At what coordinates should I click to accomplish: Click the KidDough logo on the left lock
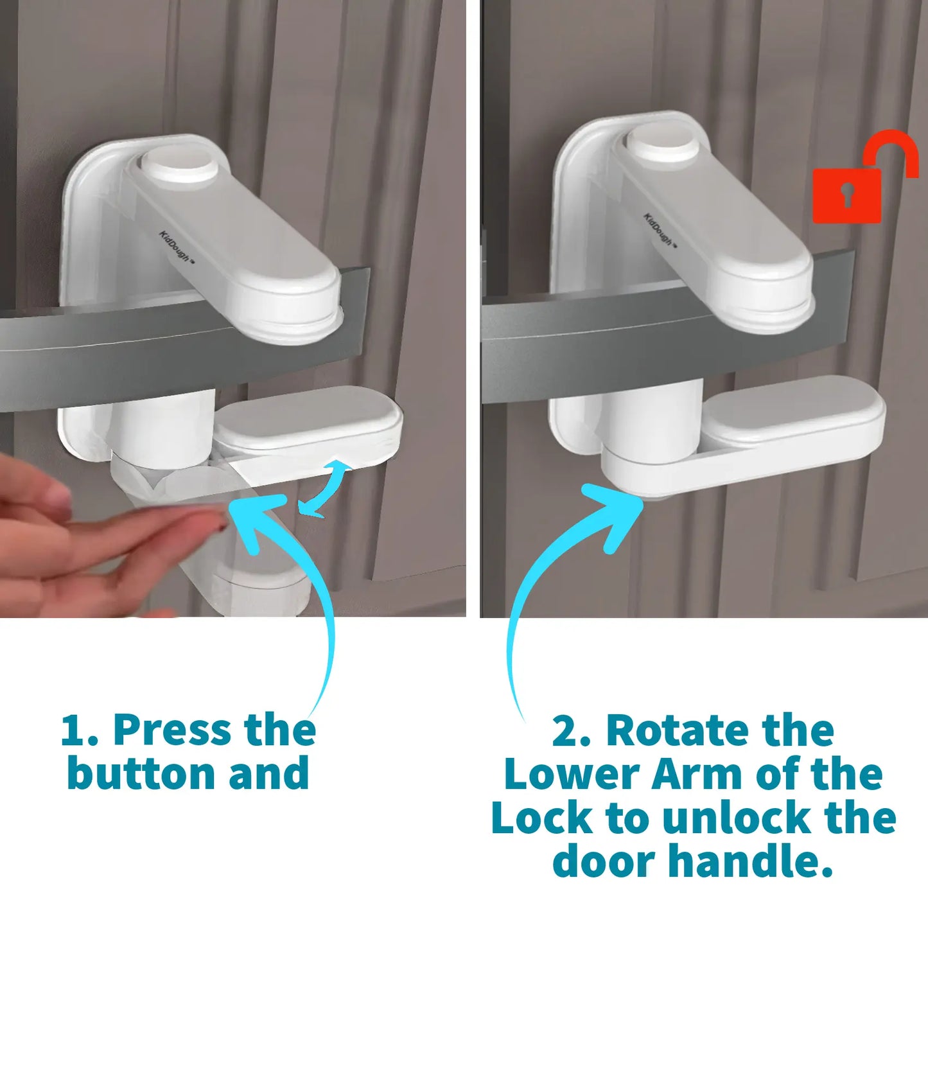pos(175,246)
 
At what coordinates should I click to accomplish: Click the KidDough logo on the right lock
pos(659,229)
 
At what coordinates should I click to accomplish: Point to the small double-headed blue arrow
pos(324,488)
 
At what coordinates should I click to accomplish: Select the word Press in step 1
pos(172,730)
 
